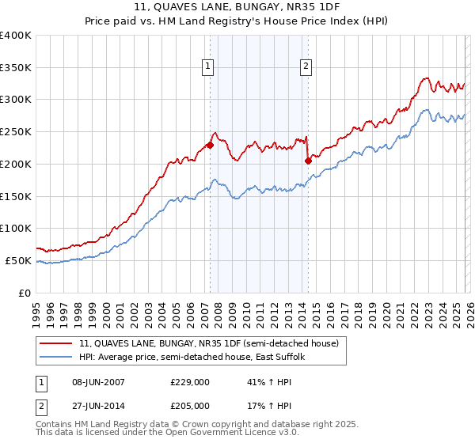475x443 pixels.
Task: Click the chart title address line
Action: (x=237, y=7)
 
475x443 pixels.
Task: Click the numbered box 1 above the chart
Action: (x=207, y=67)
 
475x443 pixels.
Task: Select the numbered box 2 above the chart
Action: (x=306, y=67)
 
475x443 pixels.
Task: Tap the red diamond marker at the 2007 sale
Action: (x=210, y=145)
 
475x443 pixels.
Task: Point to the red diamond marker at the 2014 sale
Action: (x=308, y=161)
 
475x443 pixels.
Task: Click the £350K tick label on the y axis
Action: (x=15, y=68)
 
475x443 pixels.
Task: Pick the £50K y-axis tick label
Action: (x=18, y=260)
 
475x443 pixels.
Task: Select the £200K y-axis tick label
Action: (x=15, y=165)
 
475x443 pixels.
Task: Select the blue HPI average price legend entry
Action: (x=196, y=357)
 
